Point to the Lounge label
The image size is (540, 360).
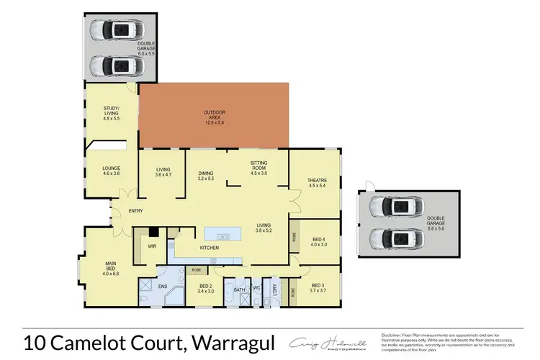click(111, 171)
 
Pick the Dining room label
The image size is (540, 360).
click(206, 176)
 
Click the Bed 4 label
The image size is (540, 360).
click(319, 241)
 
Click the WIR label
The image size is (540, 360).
click(153, 246)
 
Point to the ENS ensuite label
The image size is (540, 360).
click(163, 287)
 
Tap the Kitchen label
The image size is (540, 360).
click(210, 248)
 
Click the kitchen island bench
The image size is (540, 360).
click(220, 234)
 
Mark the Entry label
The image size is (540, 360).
click(135, 211)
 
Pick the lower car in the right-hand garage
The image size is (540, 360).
click(392, 238)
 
